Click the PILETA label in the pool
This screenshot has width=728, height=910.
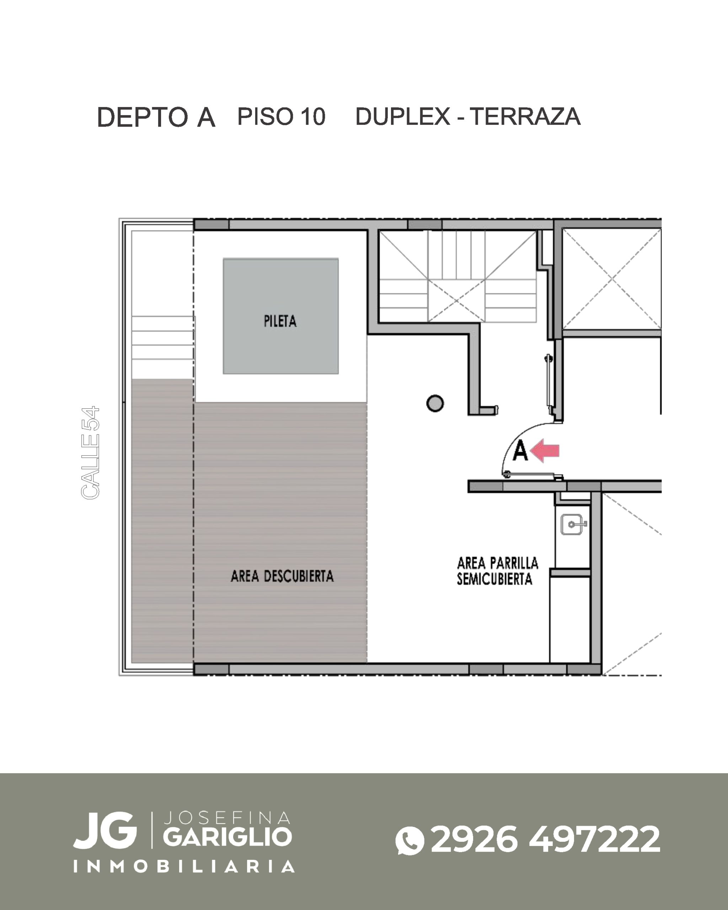tap(280, 321)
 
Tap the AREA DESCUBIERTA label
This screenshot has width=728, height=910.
tap(282, 576)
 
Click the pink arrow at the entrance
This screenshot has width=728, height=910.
tap(545, 451)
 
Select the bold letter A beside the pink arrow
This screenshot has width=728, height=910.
tap(520, 451)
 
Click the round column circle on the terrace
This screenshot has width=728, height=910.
tap(435, 403)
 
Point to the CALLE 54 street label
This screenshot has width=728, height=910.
tap(90, 453)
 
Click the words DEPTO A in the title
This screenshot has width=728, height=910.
tap(156, 117)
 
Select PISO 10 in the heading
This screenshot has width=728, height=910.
tap(282, 117)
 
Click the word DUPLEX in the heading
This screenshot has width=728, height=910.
tap(403, 117)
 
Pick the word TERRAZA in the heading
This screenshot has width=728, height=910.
tap(525, 117)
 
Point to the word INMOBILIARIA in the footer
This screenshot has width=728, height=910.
tap(184, 867)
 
